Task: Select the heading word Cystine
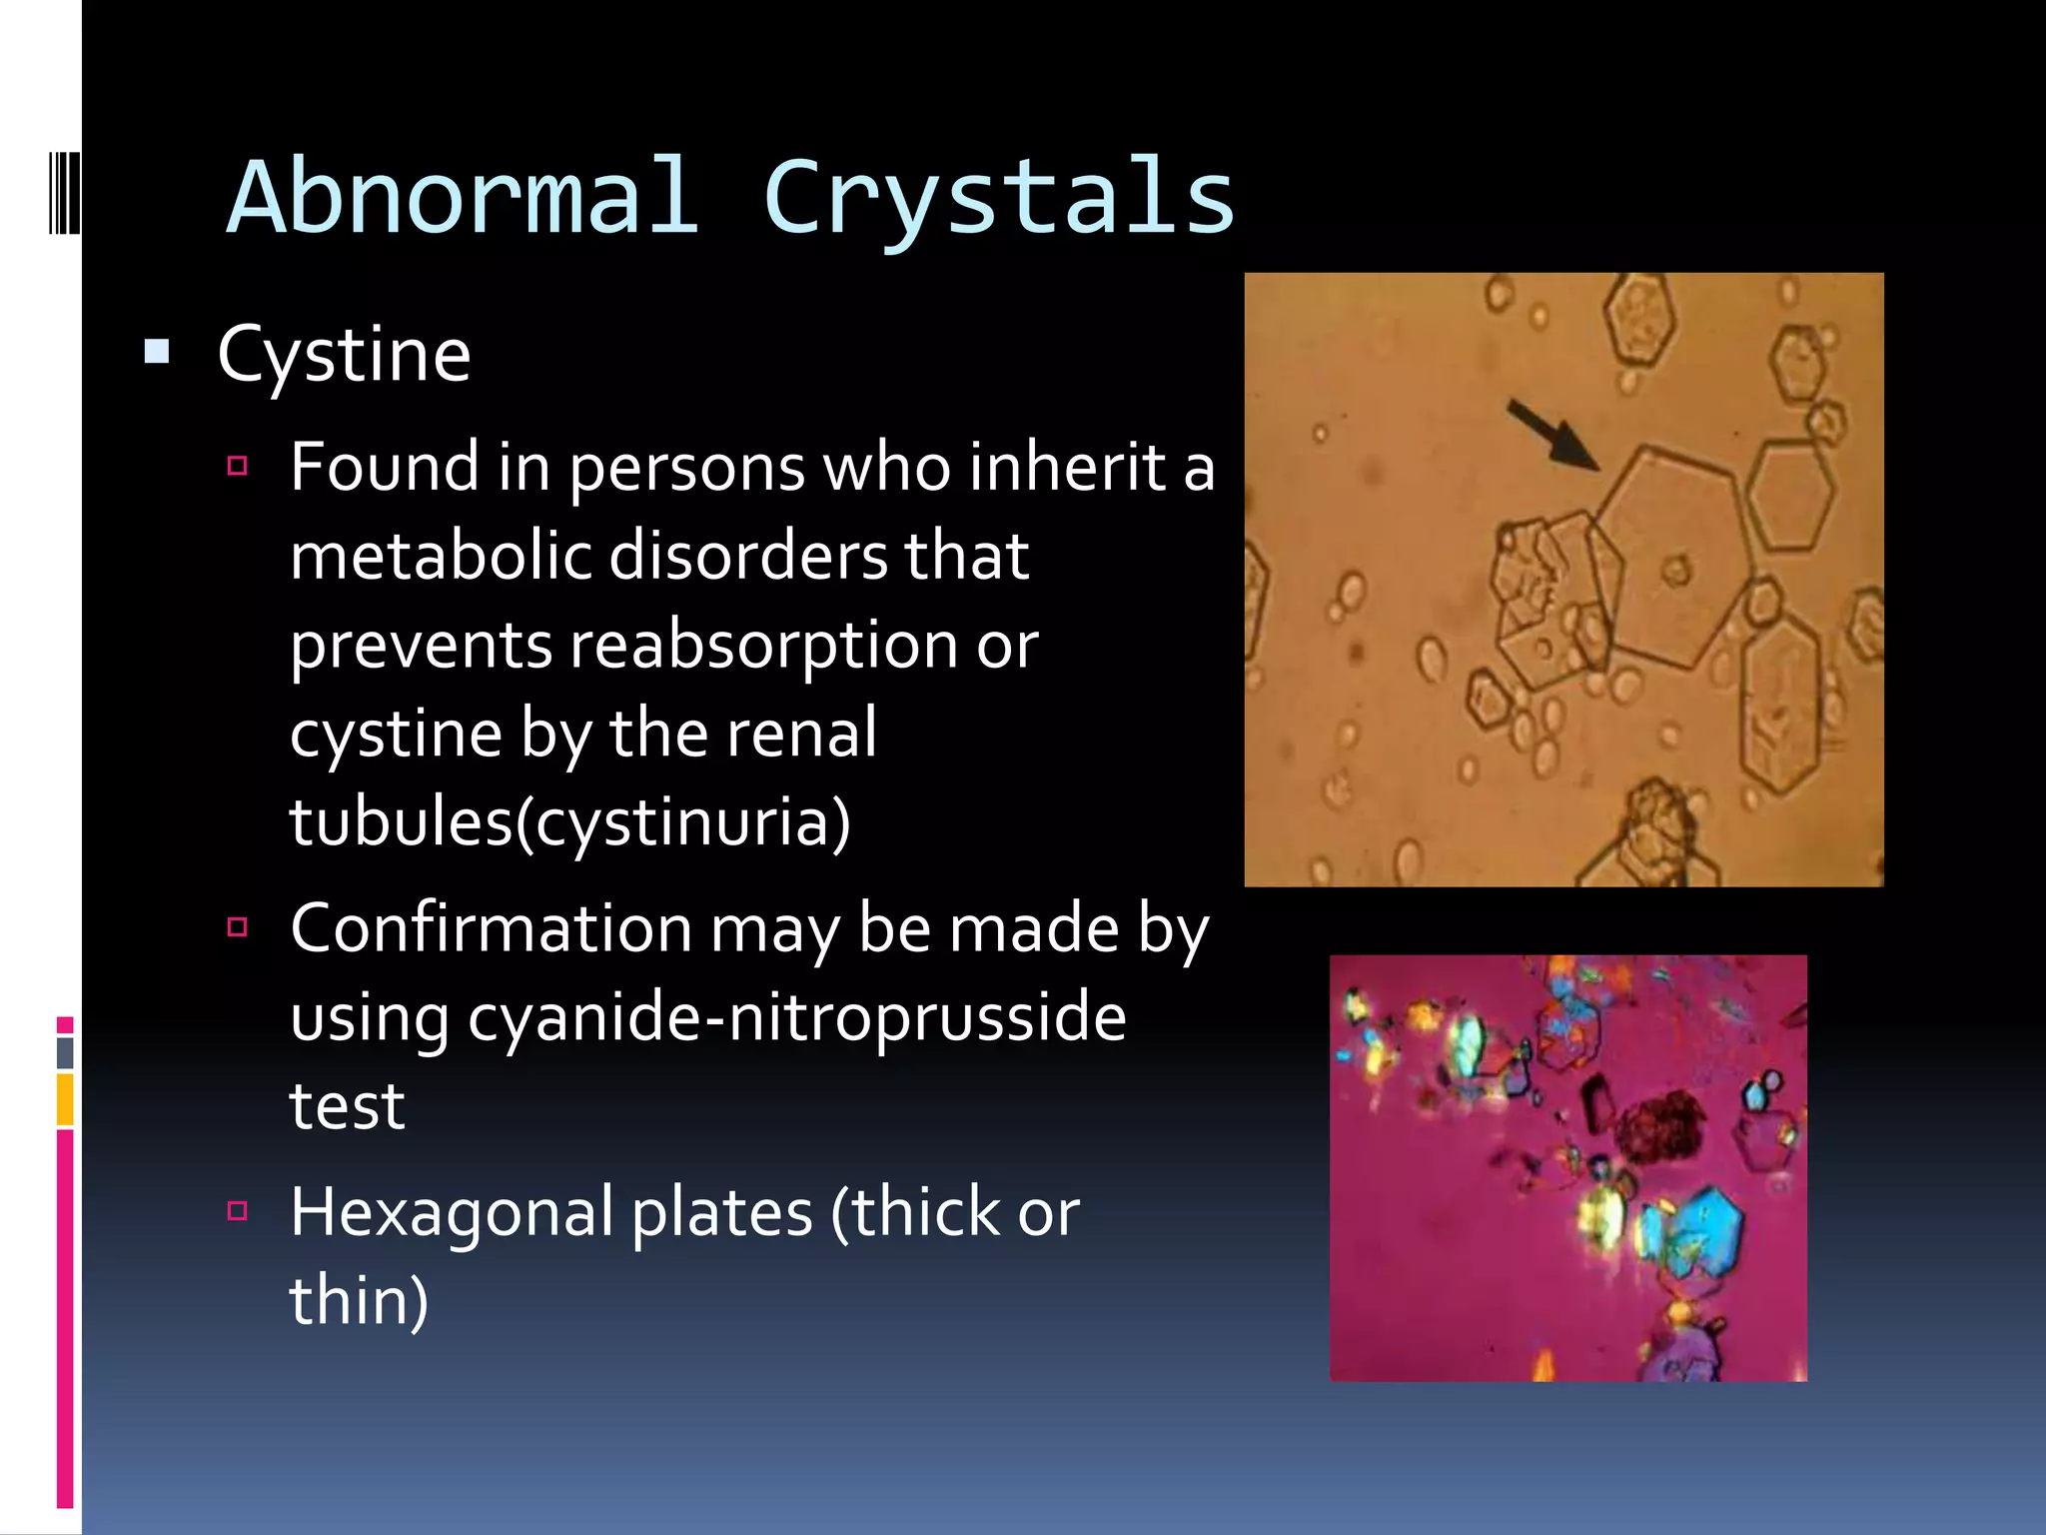point(344,355)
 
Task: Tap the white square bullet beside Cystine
point(157,352)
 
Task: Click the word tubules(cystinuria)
point(569,822)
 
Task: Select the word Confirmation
point(491,929)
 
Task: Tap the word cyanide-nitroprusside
point(796,1018)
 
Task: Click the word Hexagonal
point(451,1212)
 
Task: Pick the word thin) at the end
point(359,1300)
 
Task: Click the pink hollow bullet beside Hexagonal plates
point(237,1211)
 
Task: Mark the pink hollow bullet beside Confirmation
point(237,927)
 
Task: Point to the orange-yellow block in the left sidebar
point(65,1098)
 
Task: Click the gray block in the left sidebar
point(65,1052)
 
